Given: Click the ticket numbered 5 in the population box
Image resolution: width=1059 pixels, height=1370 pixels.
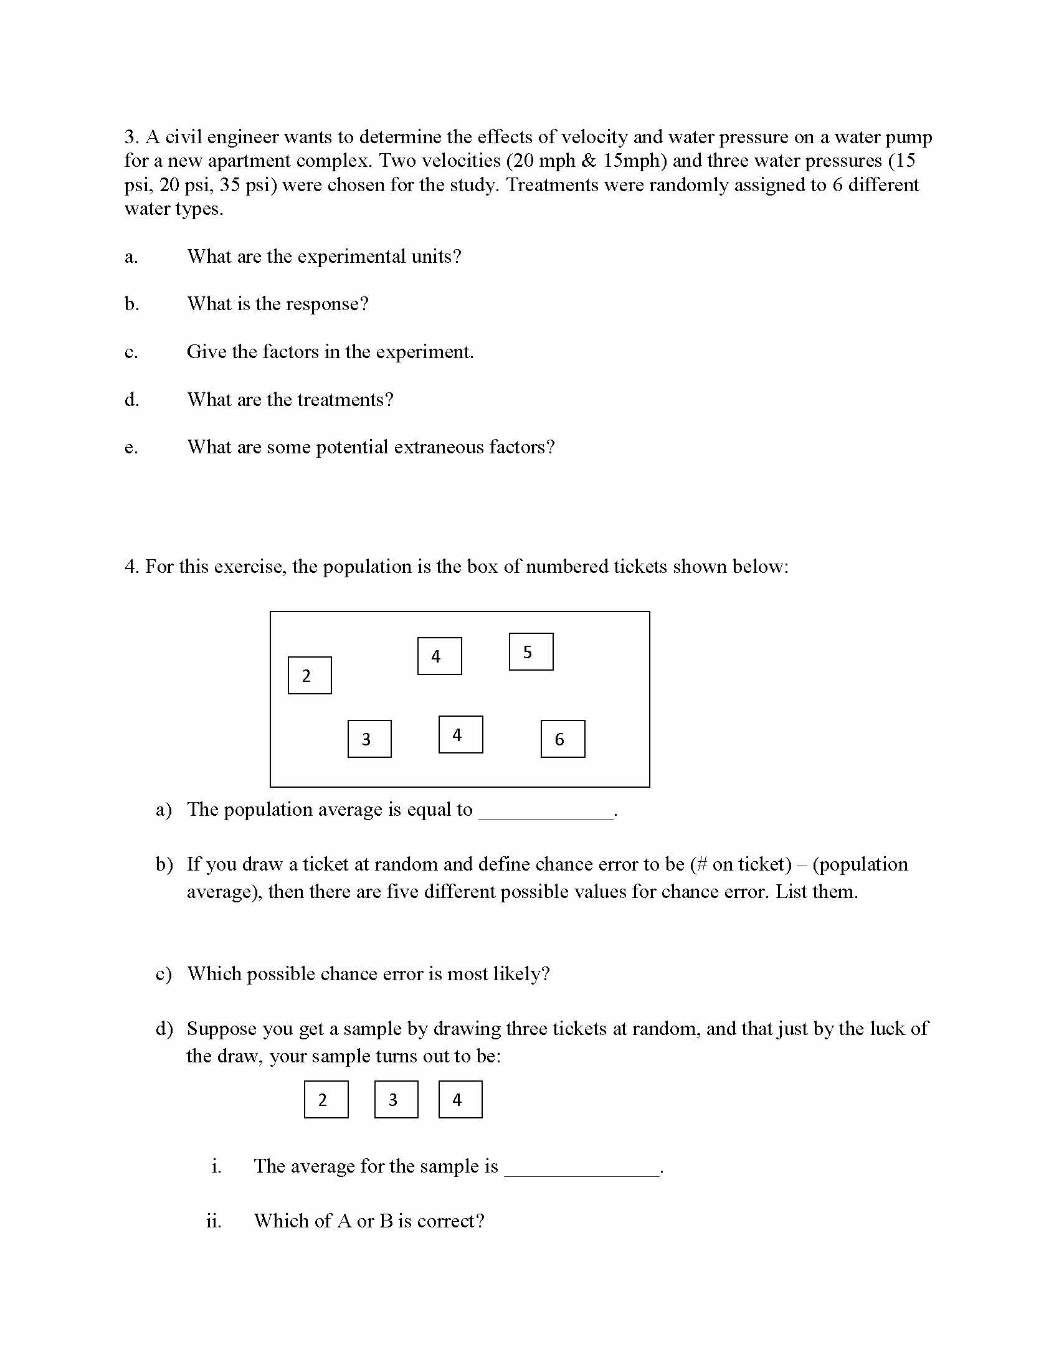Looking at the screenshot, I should point(531,652).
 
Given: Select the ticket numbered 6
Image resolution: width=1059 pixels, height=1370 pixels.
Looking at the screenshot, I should point(563,739).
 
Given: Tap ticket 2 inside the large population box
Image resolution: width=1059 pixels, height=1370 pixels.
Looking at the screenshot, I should point(310,676).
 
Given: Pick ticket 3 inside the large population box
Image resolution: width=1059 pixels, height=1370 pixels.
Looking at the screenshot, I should point(369,739).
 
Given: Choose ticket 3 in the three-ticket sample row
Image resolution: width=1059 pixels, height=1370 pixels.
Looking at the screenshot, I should point(396,1100).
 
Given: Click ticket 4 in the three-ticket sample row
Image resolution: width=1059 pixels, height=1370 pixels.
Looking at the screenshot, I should point(460,1100).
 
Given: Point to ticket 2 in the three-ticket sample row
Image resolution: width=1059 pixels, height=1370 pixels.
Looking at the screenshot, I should point(326,1100).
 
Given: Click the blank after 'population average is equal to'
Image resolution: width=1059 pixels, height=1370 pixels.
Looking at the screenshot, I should point(546,811).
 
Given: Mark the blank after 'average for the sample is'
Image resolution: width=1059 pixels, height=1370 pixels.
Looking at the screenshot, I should point(582,1168).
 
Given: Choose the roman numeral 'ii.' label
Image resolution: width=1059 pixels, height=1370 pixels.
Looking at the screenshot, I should point(214,1221).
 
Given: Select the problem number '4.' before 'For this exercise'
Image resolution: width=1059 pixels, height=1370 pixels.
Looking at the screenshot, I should point(131,567).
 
